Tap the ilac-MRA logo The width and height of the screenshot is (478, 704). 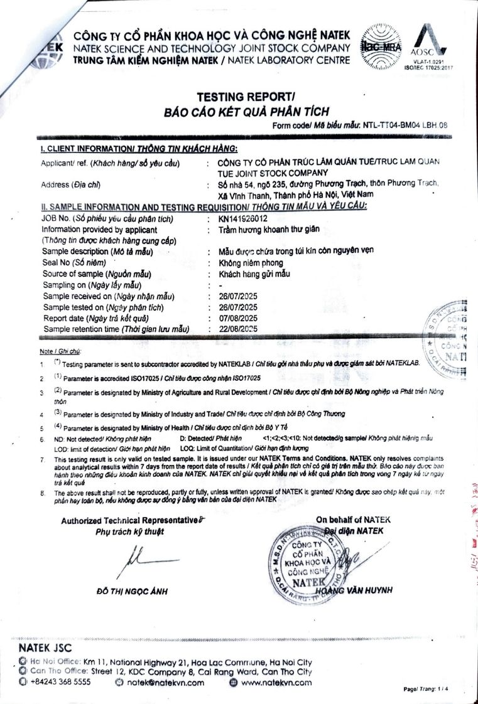click(x=381, y=47)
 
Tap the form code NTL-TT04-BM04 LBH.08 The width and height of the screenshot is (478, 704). click(x=405, y=125)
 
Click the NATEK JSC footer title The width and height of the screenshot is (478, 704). click(x=45, y=648)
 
